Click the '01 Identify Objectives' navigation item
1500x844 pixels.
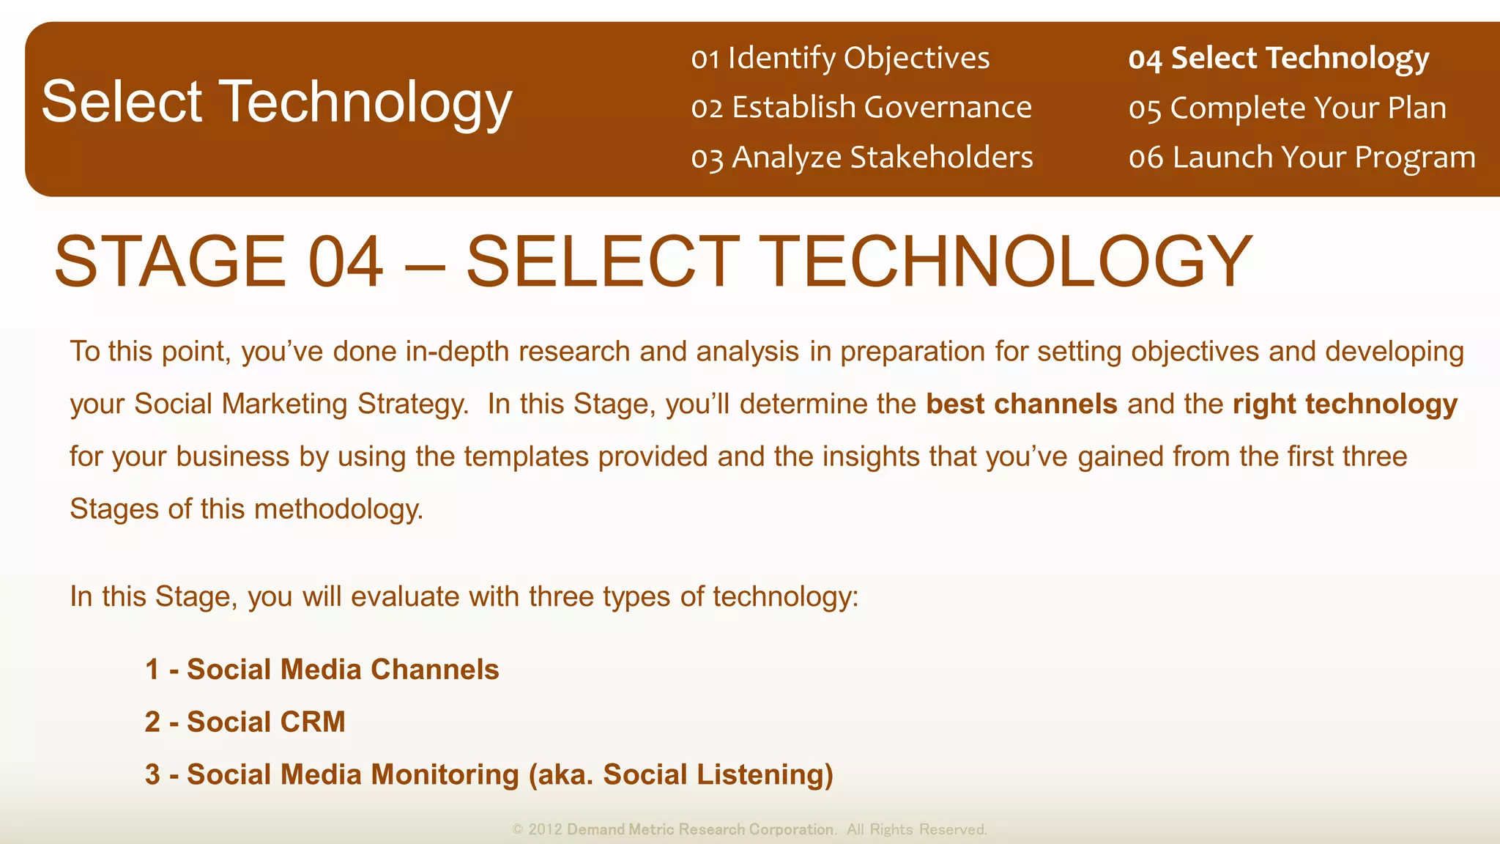[x=840, y=58]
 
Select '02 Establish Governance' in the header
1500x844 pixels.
[x=861, y=108]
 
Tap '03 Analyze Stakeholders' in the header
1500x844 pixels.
[x=862, y=158]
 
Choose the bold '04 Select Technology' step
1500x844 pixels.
[x=1278, y=59]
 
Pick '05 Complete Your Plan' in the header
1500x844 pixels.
[x=1287, y=108]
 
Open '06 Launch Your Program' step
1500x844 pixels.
[x=1302, y=158]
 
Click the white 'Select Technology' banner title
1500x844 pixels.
[x=276, y=102]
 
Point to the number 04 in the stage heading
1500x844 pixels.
[x=345, y=262]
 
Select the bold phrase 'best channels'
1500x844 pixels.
[x=1021, y=404]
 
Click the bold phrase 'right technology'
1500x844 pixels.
[x=1345, y=404]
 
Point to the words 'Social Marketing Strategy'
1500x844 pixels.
[x=300, y=404]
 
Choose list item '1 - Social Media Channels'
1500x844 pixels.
[x=322, y=670]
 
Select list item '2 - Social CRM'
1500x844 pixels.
[x=245, y=722]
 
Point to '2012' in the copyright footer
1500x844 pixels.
[x=545, y=829]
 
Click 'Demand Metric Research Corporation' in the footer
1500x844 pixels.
[x=700, y=829]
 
